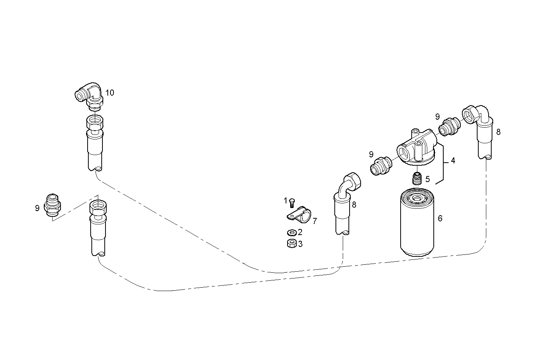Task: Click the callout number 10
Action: [110, 93]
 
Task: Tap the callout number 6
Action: [440, 218]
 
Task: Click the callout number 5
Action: [428, 178]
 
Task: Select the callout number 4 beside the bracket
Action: [453, 161]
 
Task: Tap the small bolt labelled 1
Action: [292, 202]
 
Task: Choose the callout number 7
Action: [315, 221]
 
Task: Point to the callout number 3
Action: [300, 244]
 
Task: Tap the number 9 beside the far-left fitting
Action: [37, 208]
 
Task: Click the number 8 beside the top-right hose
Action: [498, 132]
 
